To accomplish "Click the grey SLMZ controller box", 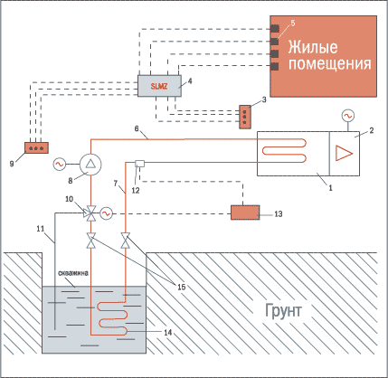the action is tap(159, 86).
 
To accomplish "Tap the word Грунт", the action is tap(283, 311).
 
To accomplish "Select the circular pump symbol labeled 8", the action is tap(90, 164).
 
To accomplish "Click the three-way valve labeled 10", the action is tap(90, 213).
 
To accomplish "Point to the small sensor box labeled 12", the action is tap(139, 164).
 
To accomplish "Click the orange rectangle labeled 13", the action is tap(245, 213).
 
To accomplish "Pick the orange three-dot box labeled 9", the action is tap(36, 147).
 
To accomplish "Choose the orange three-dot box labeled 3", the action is tap(245, 117).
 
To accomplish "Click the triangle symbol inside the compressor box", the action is tap(344, 153).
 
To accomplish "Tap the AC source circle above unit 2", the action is tap(348, 116).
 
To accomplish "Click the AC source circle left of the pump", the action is tap(59, 164).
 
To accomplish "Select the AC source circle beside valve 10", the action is tap(106, 213).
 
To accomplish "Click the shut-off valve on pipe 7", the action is tap(126, 241).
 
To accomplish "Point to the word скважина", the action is tap(73, 273).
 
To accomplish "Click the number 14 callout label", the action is tap(168, 332).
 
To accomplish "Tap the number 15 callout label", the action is tap(182, 287).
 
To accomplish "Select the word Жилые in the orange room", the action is tap(313, 48).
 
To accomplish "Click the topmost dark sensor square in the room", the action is tap(274, 28).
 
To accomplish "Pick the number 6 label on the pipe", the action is tap(137, 128).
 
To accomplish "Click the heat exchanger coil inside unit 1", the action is tap(284, 150).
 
